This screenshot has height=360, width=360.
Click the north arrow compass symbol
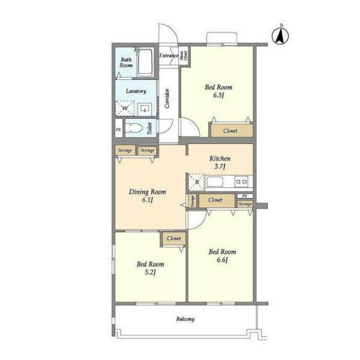tap(280, 36)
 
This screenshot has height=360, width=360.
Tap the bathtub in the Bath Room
tap(145, 62)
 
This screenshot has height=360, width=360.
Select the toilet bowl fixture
tap(134, 128)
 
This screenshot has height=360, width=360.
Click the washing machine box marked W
tap(125, 108)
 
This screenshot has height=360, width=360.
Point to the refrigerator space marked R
tap(197, 182)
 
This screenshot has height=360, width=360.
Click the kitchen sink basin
tap(215, 182)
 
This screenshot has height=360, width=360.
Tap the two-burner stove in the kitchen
tap(241, 182)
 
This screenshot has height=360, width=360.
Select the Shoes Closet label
tap(184, 55)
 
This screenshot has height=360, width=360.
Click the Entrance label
tap(169, 55)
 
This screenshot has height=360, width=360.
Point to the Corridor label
tap(167, 98)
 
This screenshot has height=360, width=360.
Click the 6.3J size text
tap(218, 95)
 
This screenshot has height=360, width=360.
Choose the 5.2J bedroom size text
tap(151, 272)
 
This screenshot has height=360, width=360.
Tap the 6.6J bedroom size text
tap(222, 260)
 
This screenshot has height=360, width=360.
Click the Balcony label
tap(185, 319)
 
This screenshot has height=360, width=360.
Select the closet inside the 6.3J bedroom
tap(232, 131)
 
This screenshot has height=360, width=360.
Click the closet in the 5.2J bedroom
tap(174, 239)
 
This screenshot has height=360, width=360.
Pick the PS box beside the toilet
tap(118, 130)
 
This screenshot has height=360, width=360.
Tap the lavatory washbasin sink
tap(145, 110)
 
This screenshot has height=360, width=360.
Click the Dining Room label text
tap(148, 192)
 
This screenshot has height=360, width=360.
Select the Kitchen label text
tap(220, 158)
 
